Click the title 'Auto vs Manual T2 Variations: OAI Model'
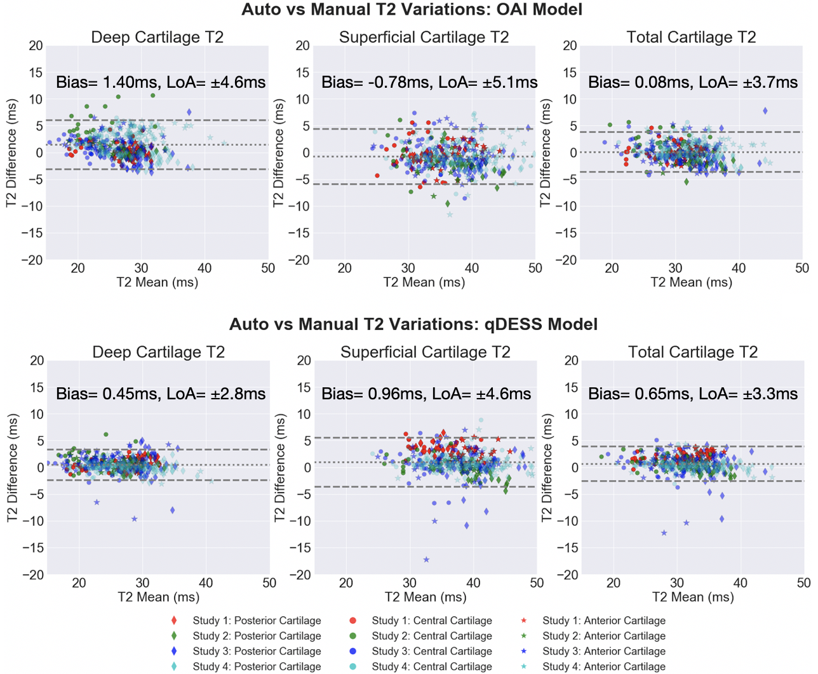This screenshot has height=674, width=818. [x=412, y=10]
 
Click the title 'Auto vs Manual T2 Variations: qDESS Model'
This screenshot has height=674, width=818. [x=413, y=324]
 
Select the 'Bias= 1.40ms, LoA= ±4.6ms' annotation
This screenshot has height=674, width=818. [x=161, y=82]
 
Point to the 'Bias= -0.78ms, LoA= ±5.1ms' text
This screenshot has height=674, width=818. [x=429, y=82]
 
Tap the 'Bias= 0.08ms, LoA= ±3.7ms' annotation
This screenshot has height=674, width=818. [x=693, y=82]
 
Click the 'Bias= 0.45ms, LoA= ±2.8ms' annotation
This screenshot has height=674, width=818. [x=161, y=394]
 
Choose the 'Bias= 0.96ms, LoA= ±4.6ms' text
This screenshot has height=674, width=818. [x=426, y=394]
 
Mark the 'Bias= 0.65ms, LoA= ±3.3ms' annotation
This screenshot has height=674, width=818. [x=693, y=394]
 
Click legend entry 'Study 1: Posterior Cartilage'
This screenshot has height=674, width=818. [x=257, y=621]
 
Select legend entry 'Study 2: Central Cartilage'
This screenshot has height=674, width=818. [x=432, y=636]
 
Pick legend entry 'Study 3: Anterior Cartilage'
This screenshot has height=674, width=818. [x=604, y=651]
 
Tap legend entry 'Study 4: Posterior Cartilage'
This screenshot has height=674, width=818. [x=257, y=666]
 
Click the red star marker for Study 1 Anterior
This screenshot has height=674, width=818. [x=524, y=621]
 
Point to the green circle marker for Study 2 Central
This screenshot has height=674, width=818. [x=353, y=636]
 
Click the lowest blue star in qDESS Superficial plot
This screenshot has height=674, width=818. [x=426, y=560]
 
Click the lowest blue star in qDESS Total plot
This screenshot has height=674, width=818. [x=664, y=533]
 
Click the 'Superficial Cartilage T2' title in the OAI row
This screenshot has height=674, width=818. [x=424, y=38]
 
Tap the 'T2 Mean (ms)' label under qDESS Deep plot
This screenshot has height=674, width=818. [x=158, y=597]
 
